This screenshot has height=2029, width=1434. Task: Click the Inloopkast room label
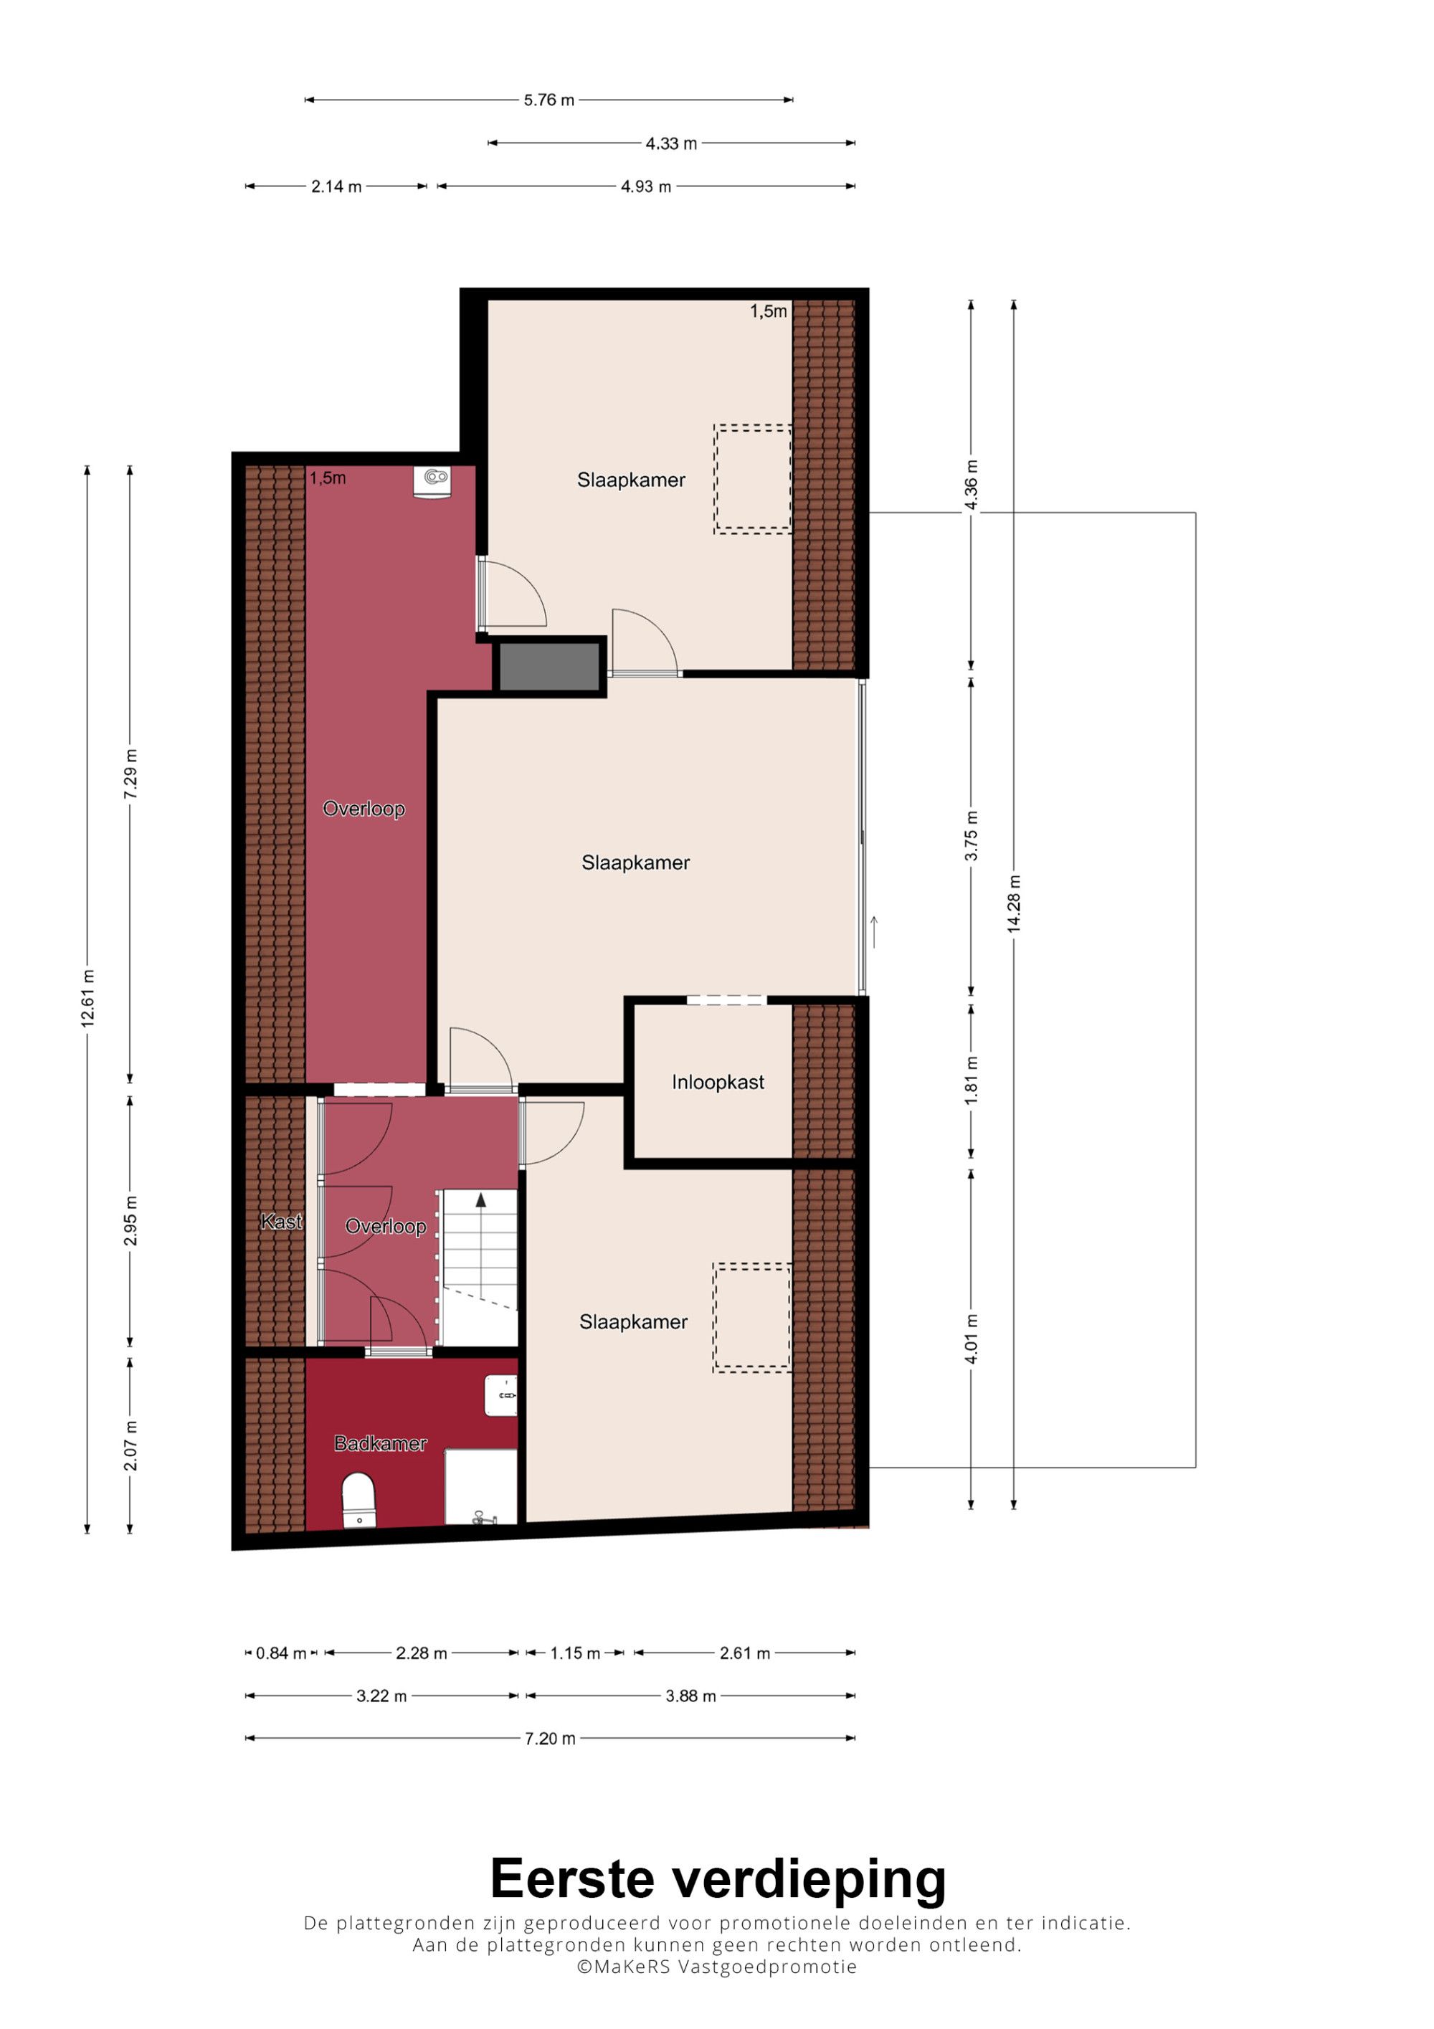[x=718, y=1083]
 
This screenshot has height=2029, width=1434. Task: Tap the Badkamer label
[x=380, y=1444]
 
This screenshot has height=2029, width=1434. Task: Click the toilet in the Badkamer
[x=358, y=1500]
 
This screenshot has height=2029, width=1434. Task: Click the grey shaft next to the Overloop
[x=549, y=667]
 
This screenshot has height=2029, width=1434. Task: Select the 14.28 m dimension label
[x=1013, y=904]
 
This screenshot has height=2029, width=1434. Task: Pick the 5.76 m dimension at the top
[x=549, y=100]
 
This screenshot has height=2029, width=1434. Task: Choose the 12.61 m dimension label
[x=87, y=999]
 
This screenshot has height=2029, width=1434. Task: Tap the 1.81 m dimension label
[x=971, y=1080]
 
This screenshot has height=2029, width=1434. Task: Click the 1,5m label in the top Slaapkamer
[x=768, y=311]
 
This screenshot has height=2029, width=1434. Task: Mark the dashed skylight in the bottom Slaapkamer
[x=752, y=1317]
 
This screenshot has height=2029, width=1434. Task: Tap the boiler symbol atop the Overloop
[x=432, y=482]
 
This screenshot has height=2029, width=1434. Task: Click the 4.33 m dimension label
[x=670, y=143]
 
